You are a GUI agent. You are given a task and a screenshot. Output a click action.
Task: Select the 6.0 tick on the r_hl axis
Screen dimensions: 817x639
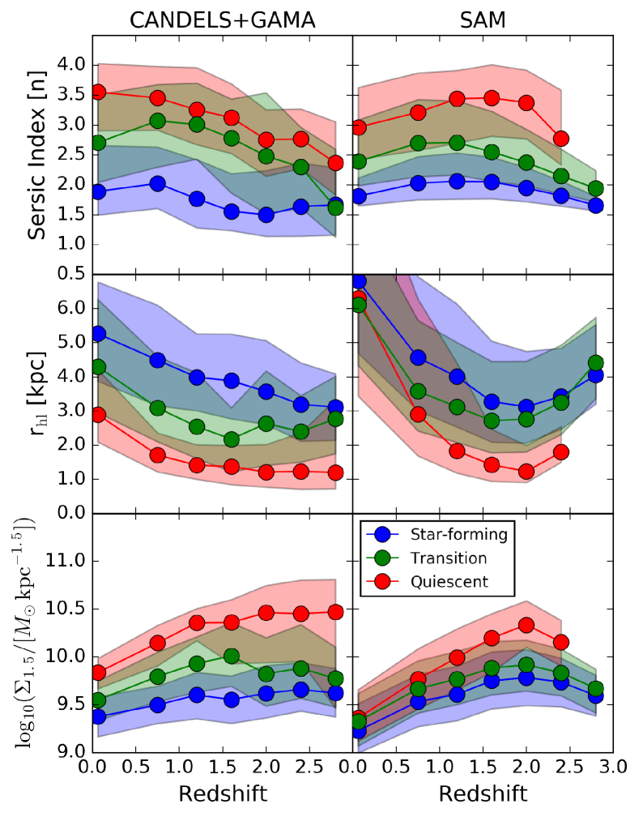tap(70, 309)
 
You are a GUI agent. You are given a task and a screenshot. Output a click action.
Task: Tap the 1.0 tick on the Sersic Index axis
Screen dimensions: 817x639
tap(70, 245)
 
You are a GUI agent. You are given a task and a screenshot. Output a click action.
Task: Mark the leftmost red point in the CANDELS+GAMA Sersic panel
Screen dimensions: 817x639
tap(98, 92)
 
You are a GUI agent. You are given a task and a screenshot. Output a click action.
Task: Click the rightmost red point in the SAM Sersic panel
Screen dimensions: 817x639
tap(560, 138)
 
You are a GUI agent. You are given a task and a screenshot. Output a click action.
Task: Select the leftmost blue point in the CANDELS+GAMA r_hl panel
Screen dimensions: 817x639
tap(98, 333)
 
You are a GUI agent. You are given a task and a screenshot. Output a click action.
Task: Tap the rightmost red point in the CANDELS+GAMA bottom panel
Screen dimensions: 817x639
tap(335, 611)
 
